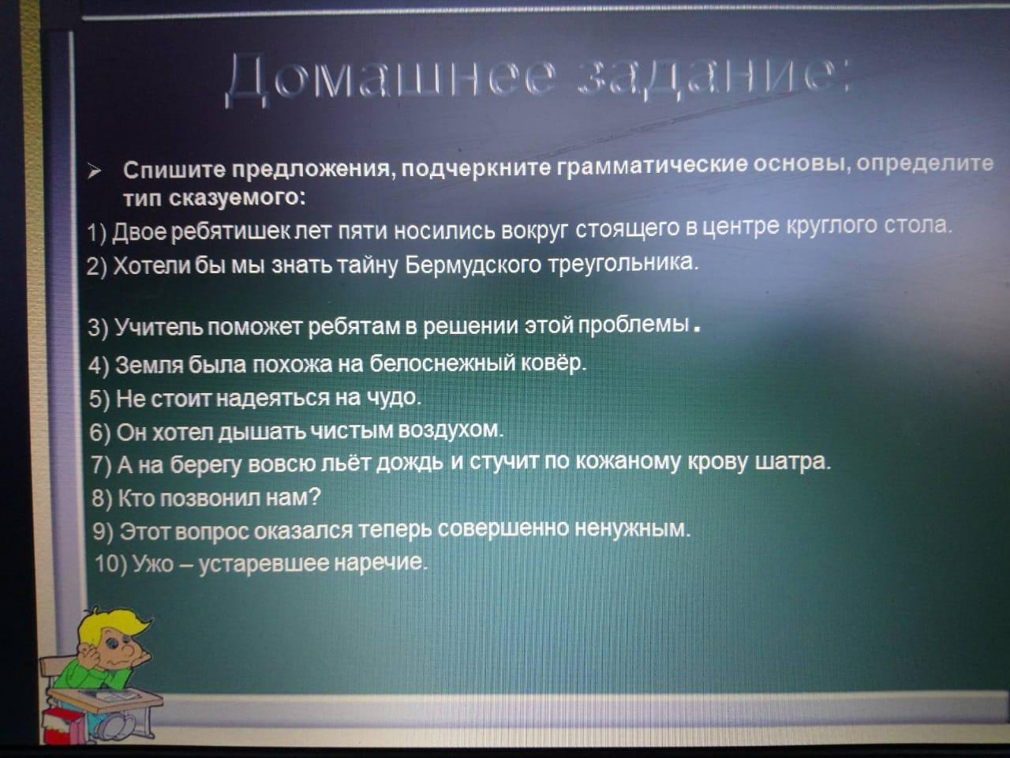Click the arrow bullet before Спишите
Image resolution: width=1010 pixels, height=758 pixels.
(95, 172)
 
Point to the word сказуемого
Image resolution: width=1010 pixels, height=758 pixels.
(237, 198)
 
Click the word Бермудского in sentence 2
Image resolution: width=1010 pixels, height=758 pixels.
(473, 265)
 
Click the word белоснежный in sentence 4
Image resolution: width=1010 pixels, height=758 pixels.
(442, 363)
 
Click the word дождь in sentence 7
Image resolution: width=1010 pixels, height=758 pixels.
(410, 463)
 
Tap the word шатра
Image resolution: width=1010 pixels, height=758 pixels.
(793, 462)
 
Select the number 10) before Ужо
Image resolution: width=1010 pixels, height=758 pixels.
(111, 563)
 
